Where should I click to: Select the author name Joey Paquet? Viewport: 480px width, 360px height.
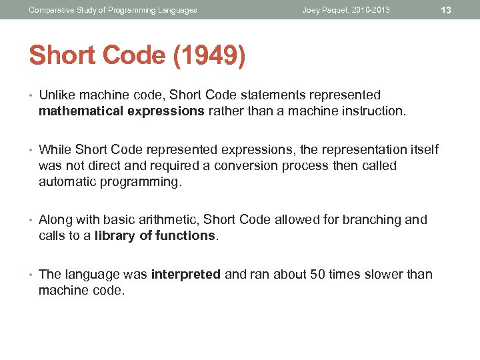point(325,10)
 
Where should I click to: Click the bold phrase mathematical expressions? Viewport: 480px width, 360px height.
point(121,111)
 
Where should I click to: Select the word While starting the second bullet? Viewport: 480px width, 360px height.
point(55,149)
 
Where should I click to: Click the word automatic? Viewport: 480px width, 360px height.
point(67,181)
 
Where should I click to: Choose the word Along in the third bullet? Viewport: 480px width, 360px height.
point(55,219)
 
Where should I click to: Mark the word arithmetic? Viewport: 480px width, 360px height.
point(169,219)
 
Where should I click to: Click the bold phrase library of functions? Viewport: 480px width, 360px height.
point(155,235)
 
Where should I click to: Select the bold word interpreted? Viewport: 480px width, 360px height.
point(186,274)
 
